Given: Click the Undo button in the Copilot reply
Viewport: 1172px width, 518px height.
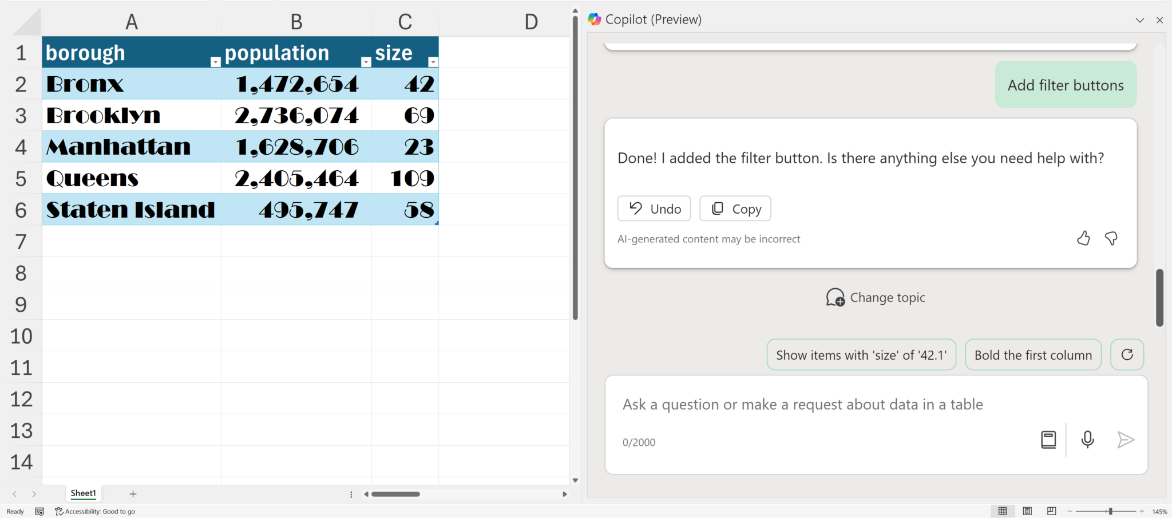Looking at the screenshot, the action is [x=654, y=209].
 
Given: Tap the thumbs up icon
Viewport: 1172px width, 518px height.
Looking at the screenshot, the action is [x=1083, y=238].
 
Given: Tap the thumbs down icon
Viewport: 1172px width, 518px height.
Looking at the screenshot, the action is [x=1111, y=238].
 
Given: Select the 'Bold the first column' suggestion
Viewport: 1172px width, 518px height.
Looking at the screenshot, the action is [x=1033, y=355].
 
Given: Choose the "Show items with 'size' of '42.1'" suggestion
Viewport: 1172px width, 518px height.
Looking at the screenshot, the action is [x=861, y=355].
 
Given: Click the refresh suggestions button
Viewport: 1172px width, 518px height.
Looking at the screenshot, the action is [x=1127, y=355].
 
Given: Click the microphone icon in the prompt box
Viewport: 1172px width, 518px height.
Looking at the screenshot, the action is [x=1088, y=439].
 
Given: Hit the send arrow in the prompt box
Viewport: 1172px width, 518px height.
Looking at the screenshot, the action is [x=1126, y=439].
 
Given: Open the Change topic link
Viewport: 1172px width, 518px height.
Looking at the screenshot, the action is [x=876, y=297].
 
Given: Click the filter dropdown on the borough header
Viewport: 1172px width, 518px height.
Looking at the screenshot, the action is [x=215, y=62].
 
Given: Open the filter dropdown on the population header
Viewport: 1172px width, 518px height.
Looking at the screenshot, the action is [x=366, y=62].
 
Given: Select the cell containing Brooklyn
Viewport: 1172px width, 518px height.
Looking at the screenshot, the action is [x=132, y=115].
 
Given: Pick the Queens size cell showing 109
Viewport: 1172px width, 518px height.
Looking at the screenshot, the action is [x=405, y=178].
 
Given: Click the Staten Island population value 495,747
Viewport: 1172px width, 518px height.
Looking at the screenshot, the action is [x=296, y=210].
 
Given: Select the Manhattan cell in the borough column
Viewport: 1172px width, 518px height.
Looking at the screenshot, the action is [x=132, y=147].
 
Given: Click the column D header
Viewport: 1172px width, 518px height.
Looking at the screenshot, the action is [x=531, y=22].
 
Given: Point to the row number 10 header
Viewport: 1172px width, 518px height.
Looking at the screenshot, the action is [x=21, y=336].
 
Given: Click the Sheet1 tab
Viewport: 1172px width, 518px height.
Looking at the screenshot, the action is [x=84, y=493].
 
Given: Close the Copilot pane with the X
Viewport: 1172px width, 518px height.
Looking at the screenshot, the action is [x=1159, y=20].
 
